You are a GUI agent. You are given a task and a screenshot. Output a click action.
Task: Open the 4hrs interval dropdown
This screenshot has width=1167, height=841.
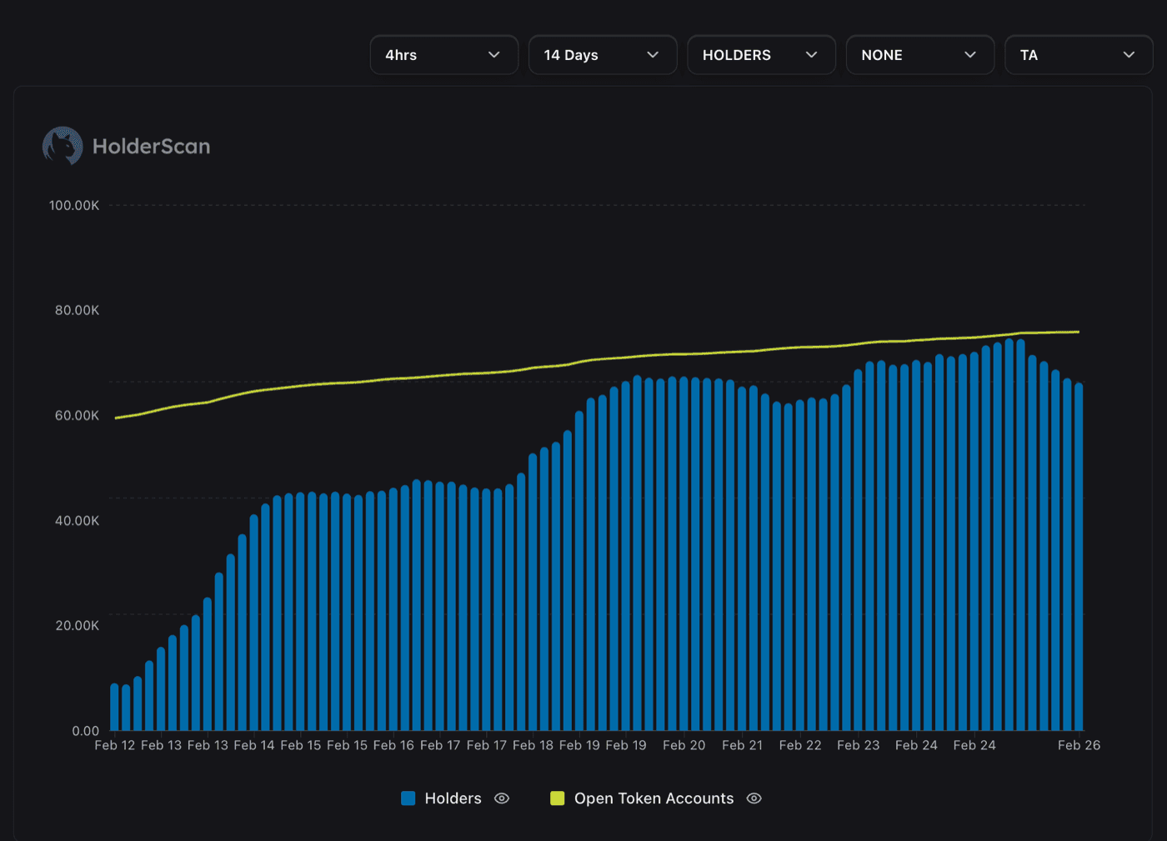443,55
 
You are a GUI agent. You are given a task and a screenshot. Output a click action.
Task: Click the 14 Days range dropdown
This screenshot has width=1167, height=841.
602,55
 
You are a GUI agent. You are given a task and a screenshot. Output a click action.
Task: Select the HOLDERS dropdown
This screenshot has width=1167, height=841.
761,55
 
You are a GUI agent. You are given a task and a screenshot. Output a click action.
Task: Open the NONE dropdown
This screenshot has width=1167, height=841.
919,55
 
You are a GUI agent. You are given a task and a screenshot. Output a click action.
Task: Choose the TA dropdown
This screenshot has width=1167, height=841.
1078,55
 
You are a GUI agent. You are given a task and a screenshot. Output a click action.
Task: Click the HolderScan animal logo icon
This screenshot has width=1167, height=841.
63,146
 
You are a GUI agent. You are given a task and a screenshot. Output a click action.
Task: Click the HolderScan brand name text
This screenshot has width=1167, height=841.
151,147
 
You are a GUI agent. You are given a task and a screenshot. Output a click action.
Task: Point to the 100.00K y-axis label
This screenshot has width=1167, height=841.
74,205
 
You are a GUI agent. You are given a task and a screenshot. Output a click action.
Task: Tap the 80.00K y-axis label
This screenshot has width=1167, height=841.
77,310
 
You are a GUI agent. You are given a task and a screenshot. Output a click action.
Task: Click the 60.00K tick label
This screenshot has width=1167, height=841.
77,415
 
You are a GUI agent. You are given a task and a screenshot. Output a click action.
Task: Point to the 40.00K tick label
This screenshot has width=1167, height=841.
77,521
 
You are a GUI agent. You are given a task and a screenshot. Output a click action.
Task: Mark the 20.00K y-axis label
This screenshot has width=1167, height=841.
77,626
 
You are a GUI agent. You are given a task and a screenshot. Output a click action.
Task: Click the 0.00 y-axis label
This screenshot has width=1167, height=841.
85,731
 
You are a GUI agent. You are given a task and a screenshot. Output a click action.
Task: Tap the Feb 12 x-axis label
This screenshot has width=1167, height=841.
115,745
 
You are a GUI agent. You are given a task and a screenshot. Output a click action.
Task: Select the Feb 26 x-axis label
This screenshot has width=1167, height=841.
1079,745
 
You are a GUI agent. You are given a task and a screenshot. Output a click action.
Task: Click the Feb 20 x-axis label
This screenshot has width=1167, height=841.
684,745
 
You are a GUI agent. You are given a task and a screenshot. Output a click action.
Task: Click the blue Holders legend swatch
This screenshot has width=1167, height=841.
408,798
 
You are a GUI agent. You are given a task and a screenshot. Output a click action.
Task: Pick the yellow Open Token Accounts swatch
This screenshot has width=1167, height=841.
558,798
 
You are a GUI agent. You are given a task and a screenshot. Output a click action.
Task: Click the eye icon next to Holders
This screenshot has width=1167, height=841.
502,798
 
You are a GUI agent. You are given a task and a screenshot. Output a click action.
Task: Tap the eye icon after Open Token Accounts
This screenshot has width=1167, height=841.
754,798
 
